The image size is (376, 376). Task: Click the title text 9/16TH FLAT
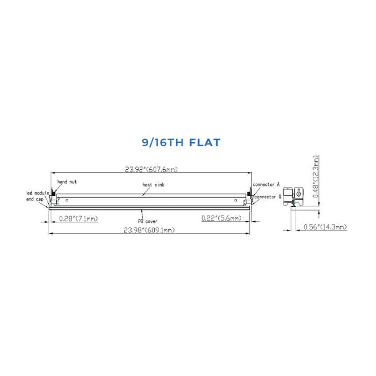[181, 142]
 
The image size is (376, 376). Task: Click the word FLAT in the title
[205, 142]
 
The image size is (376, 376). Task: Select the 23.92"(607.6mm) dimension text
[151, 169]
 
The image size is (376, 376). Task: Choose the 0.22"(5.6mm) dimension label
[221, 218]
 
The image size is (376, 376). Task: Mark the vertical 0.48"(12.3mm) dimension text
[317, 177]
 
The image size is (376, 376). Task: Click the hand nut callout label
[67, 183]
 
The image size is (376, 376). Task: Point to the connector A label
[266, 184]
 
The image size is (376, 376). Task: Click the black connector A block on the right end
[249, 191]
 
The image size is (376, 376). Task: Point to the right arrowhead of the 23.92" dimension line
[250, 173]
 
